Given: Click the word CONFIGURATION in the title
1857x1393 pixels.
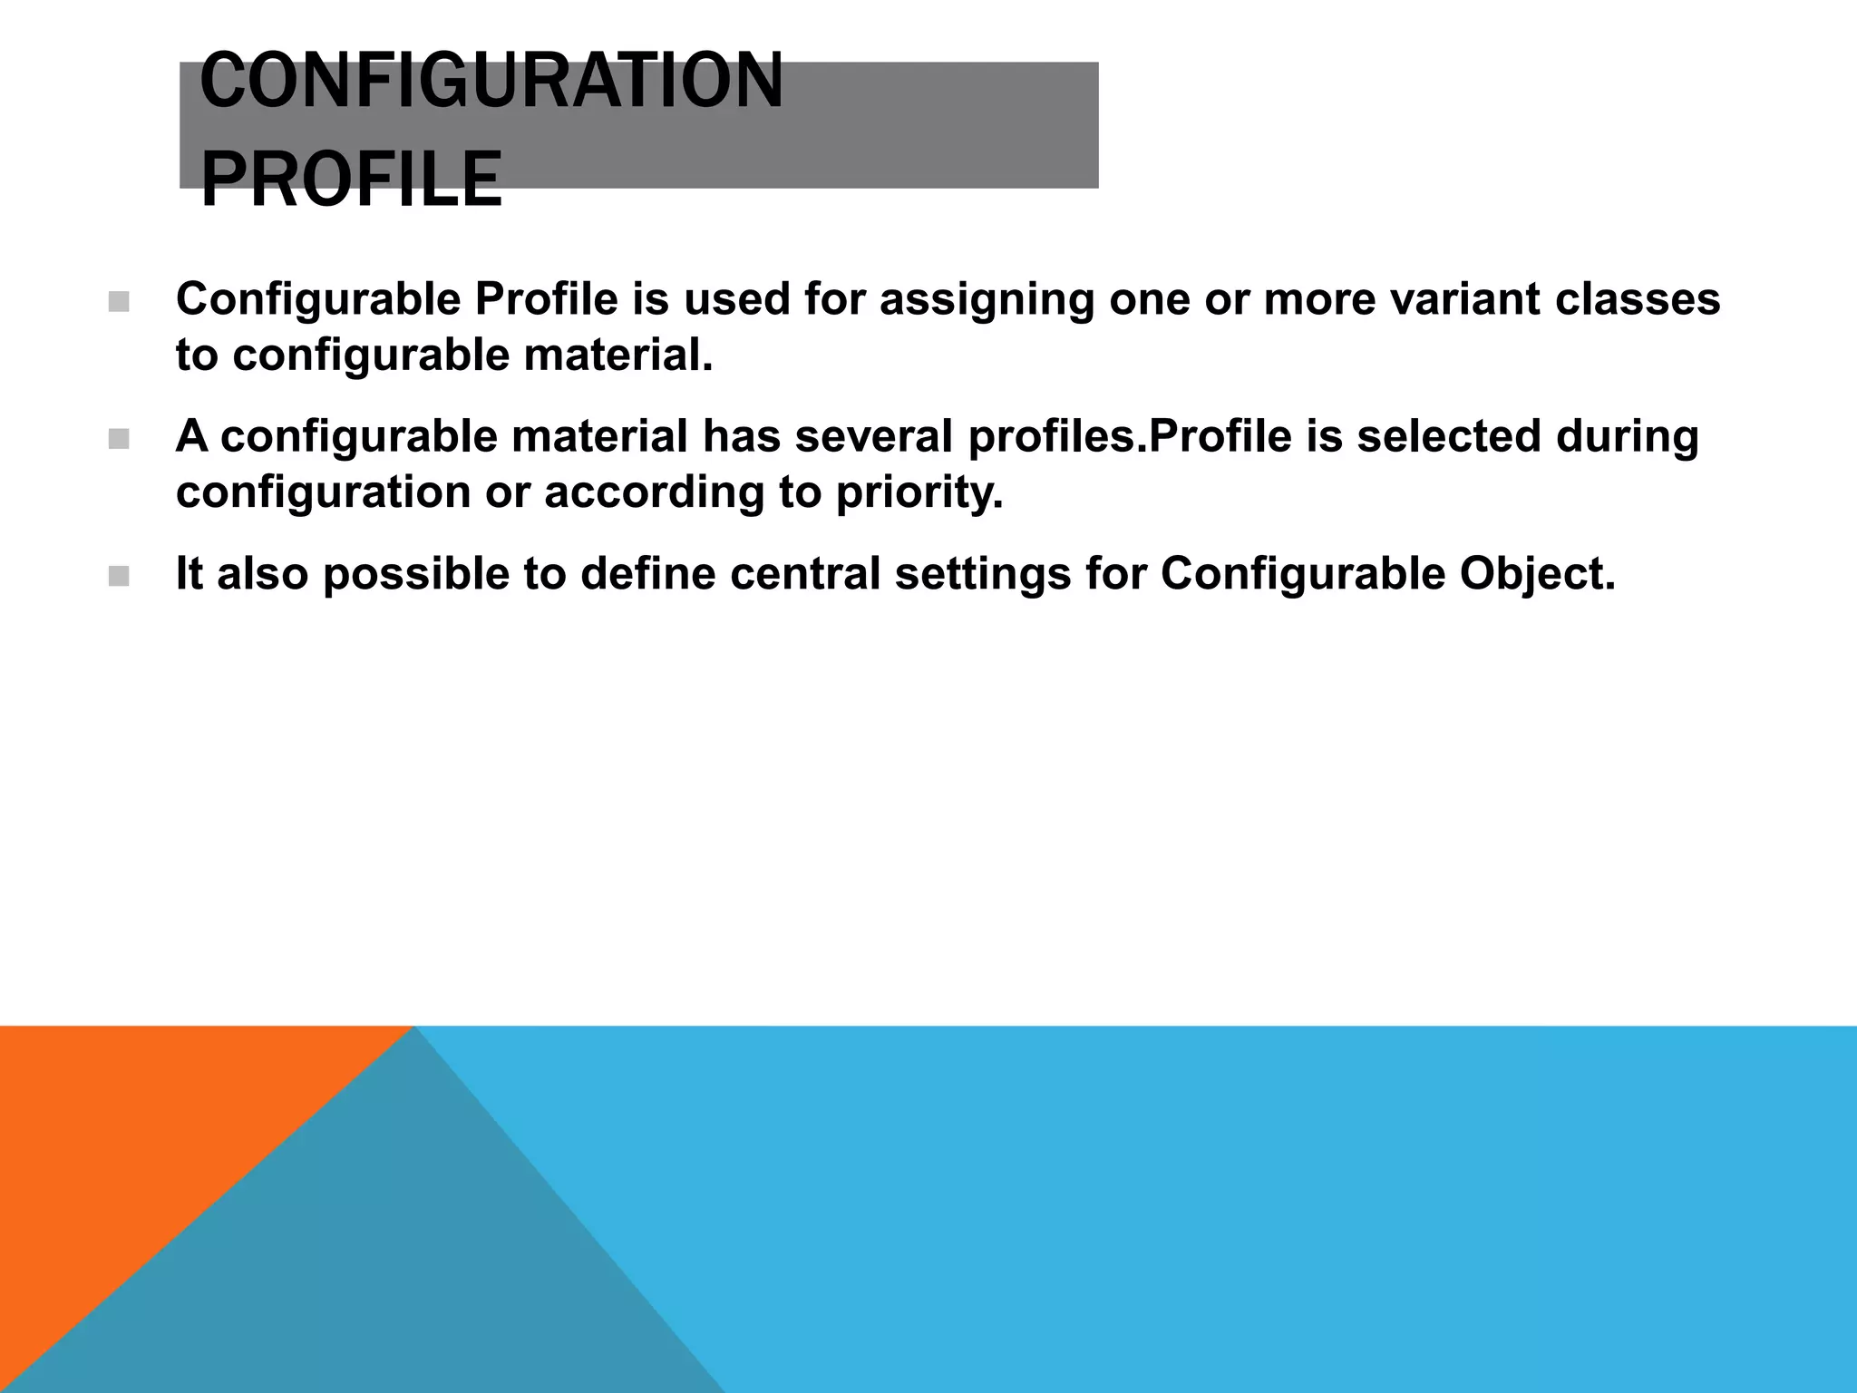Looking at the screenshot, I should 491,81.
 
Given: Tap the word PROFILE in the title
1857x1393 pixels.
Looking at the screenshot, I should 351,180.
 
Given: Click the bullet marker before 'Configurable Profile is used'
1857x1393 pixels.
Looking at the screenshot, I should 119,302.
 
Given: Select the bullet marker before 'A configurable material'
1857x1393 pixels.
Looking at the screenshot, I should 119,440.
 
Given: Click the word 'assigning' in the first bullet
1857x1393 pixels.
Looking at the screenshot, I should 987,300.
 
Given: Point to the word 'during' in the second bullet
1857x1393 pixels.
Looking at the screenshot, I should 1627,436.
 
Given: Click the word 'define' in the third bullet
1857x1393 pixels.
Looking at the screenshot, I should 647,574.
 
